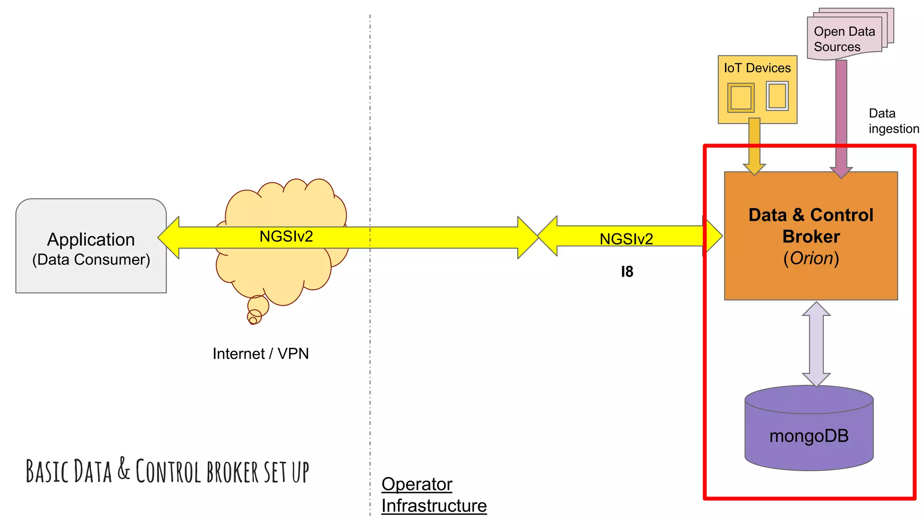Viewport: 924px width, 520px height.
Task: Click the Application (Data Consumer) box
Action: pyautogui.click(x=91, y=246)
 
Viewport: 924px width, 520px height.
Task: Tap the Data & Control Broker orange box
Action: pyautogui.click(x=811, y=236)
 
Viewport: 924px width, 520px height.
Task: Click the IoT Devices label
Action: pyautogui.click(x=757, y=68)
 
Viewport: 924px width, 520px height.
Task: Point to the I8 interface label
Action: pyautogui.click(x=627, y=272)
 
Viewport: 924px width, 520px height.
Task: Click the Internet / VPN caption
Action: pyautogui.click(x=261, y=353)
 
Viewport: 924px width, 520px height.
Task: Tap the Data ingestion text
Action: pyautogui.click(x=893, y=121)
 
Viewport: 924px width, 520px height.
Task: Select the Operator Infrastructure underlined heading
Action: pyautogui.click(x=434, y=495)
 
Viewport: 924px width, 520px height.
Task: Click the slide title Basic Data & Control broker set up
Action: pyautogui.click(x=167, y=471)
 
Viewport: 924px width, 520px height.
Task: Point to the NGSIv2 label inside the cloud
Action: pyautogui.click(x=286, y=237)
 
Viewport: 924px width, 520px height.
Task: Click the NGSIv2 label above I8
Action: pyautogui.click(x=626, y=239)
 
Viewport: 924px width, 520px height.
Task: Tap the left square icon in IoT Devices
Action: pyautogui.click(x=740, y=97)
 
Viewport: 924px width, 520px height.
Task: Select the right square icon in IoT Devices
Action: pyautogui.click(x=777, y=96)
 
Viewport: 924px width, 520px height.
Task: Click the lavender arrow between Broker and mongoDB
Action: pyautogui.click(x=816, y=344)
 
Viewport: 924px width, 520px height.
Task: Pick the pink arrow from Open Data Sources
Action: pyautogui.click(x=841, y=117)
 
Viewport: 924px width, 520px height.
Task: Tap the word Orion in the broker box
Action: pyautogui.click(x=811, y=258)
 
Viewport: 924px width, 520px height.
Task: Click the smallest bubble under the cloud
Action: pyautogui.click(x=253, y=320)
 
